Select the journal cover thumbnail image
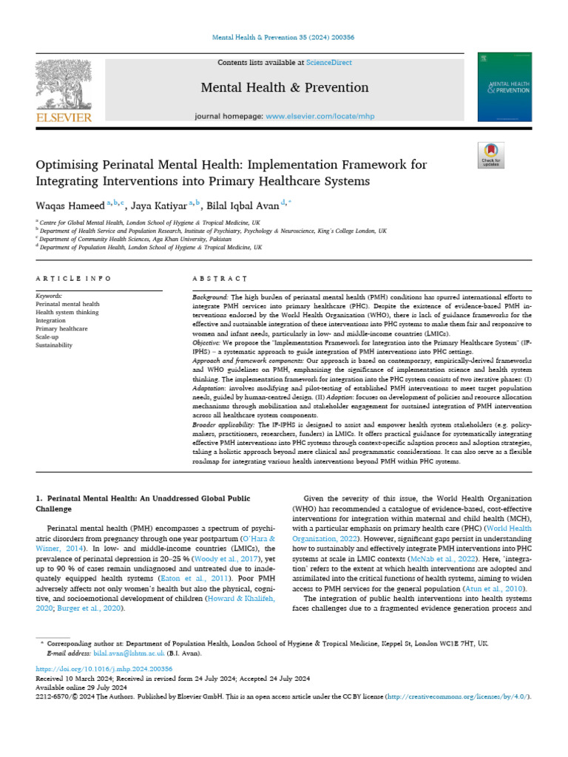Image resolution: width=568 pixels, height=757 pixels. (504, 86)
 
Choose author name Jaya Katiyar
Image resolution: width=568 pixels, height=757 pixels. (160, 205)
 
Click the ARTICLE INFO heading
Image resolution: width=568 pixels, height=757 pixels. (73, 279)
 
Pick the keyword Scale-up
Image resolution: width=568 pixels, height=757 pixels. (50, 336)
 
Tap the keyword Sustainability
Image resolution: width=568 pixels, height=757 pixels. (54, 344)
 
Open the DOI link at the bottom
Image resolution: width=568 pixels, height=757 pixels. (89, 668)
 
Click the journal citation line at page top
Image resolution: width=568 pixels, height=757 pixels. (283, 37)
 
